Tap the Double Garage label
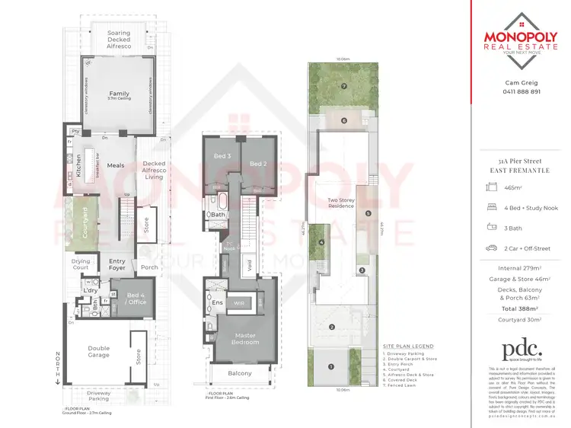[x=99, y=351]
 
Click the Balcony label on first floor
[x=240, y=373]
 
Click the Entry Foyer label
[x=116, y=264]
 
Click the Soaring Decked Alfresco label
[x=118, y=38]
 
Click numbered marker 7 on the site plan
[x=344, y=86]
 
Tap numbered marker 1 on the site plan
[x=330, y=366]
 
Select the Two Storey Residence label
[x=341, y=204]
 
